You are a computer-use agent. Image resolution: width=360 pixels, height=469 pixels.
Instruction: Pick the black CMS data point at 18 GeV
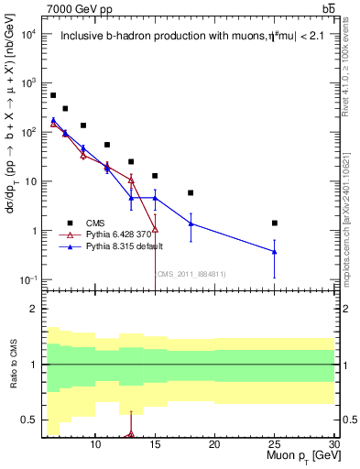(191, 193)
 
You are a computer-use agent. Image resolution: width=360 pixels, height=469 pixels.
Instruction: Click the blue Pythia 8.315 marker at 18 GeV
(191, 224)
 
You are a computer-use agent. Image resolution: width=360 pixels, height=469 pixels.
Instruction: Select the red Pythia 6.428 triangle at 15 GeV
(155, 229)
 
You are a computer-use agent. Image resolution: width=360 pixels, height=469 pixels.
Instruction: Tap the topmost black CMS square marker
(53, 95)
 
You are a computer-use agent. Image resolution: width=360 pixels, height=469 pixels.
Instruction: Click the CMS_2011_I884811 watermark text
(191, 273)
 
